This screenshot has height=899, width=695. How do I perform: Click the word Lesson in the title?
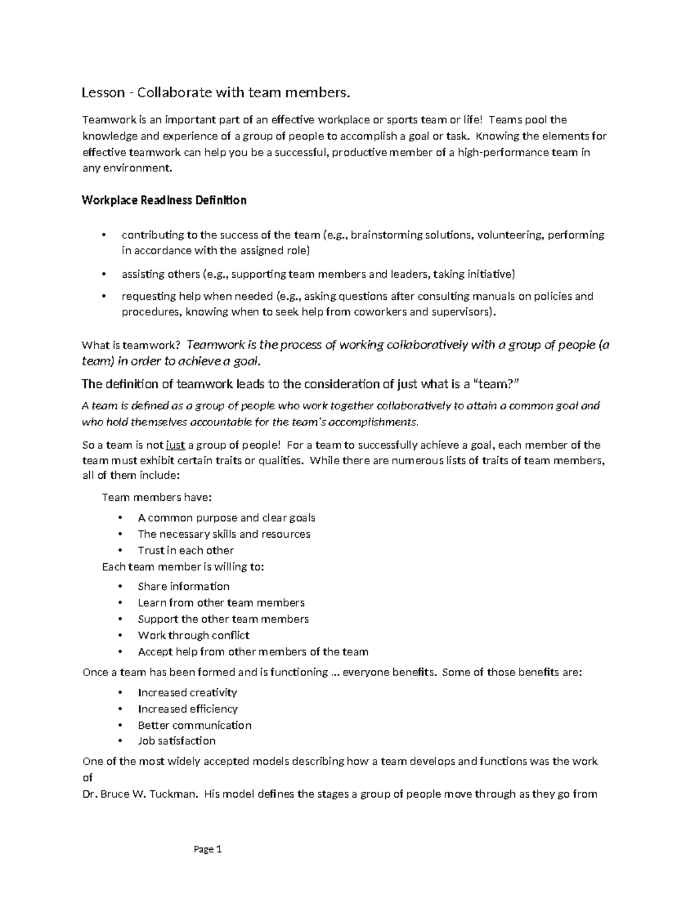pyautogui.click(x=103, y=93)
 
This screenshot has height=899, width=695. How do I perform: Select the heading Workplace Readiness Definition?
pyautogui.click(x=164, y=200)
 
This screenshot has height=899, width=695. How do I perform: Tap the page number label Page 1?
pyautogui.click(x=208, y=849)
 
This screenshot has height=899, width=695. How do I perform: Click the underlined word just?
pyautogui.click(x=175, y=445)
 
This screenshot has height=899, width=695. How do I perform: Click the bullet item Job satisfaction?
pyautogui.click(x=176, y=741)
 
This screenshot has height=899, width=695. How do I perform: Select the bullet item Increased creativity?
pyautogui.click(x=187, y=692)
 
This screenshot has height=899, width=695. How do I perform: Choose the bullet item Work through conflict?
pyautogui.click(x=193, y=635)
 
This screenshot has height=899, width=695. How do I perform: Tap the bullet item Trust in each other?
pyautogui.click(x=185, y=551)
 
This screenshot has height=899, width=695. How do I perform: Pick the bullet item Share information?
pyautogui.click(x=184, y=586)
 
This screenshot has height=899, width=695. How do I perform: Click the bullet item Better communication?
pyautogui.click(x=195, y=725)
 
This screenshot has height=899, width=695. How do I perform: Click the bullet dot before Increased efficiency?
pyautogui.click(x=120, y=709)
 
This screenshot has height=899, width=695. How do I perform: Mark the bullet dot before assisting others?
pyautogui.click(x=104, y=274)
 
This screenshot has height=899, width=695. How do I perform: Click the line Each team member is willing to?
pyautogui.click(x=182, y=567)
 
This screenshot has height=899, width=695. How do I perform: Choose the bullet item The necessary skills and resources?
pyautogui.click(x=224, y=534)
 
